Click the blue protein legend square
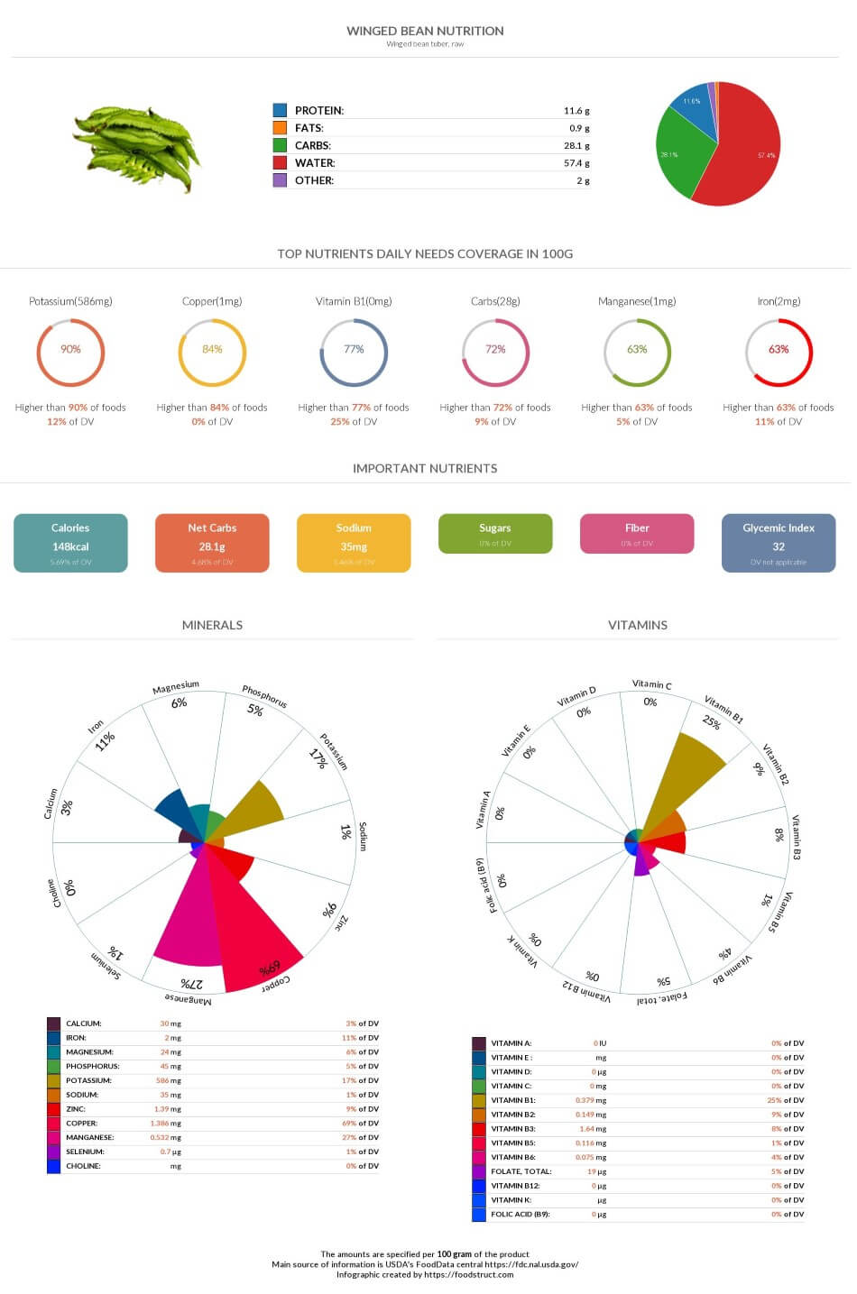[280, 110]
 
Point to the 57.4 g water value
[576, 163]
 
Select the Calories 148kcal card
[70, 543]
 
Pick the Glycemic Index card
[779, 543]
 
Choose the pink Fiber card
[637, 534]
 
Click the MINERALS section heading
[212, 625]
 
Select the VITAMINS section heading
[637, 625]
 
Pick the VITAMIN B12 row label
[515, 1186]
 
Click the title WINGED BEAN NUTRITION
[425, 31]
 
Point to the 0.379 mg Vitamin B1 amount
[590, 1100]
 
